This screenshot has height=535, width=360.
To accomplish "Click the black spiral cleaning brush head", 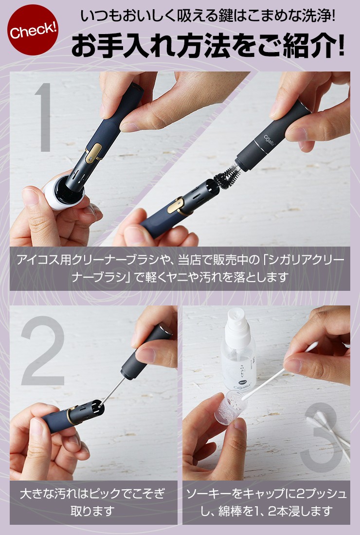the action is [226, 176].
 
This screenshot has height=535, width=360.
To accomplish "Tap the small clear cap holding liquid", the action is [228, 407].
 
